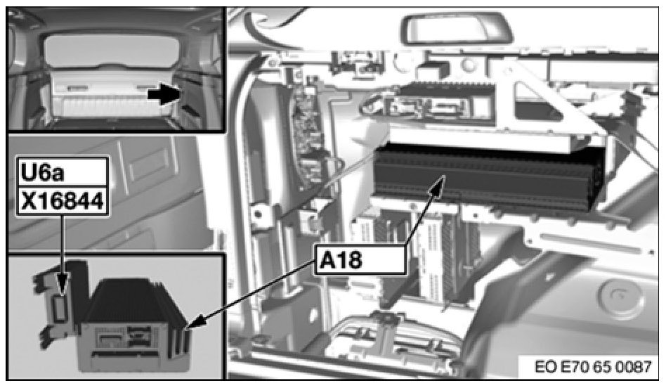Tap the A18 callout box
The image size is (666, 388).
pos(360,260)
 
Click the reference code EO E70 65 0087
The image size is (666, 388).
pos(593,367)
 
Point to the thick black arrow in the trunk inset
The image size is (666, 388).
pos(164,95)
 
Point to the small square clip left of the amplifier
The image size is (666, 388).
pos(309,220)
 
